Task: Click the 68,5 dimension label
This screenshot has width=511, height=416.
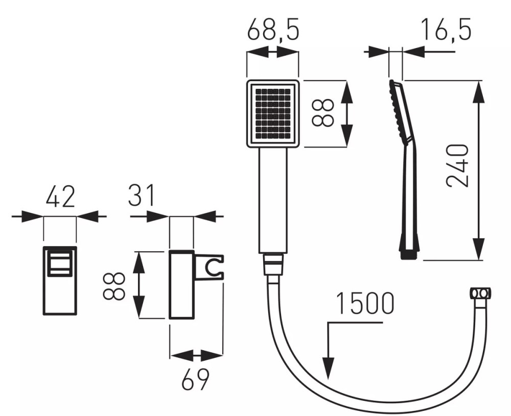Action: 273,30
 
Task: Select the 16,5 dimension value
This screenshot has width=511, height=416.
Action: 446,30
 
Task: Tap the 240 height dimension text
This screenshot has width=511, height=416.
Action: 457,166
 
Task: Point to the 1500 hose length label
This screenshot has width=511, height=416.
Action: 365,303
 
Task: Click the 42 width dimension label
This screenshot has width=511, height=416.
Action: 61,197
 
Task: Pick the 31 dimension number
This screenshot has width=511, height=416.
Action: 141,195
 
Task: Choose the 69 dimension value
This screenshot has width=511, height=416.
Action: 195,379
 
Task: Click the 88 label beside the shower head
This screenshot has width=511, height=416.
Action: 322,113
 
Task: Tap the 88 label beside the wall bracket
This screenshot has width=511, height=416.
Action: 114,286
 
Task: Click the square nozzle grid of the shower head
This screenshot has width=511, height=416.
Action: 273,114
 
